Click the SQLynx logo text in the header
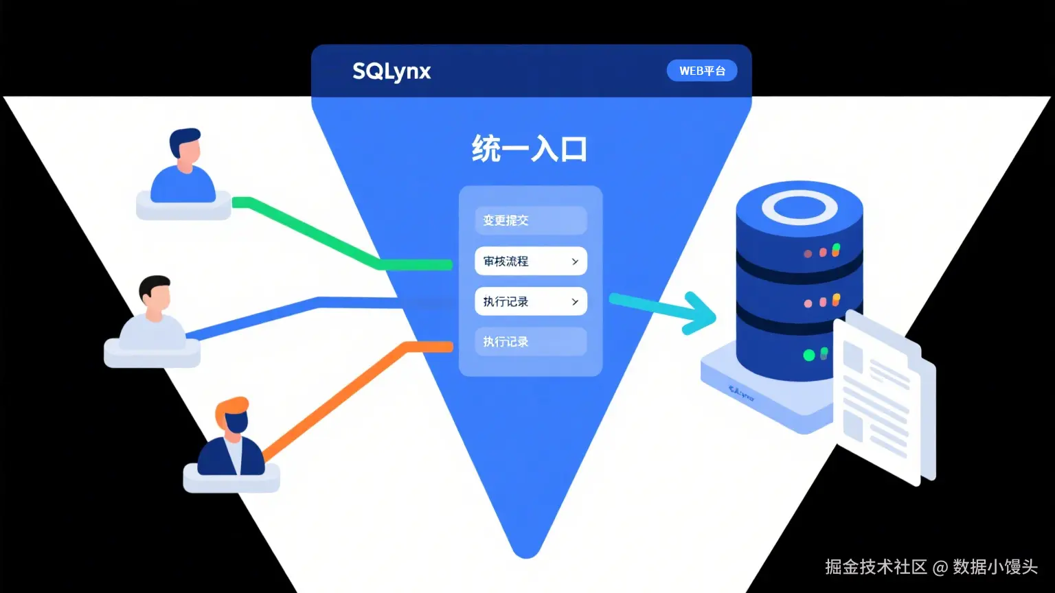[392, 71]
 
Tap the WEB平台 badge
[702, 71]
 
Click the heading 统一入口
[529, 149]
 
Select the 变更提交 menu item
[530, 220]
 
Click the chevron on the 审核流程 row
[575, 261]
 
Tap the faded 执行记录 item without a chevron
[530, 342]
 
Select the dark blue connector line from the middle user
[275, 313]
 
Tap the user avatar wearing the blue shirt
[183, 168]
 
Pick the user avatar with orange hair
[232, 439]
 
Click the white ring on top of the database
[799, 207]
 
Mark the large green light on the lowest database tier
[809, 355]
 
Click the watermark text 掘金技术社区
[876, 567]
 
